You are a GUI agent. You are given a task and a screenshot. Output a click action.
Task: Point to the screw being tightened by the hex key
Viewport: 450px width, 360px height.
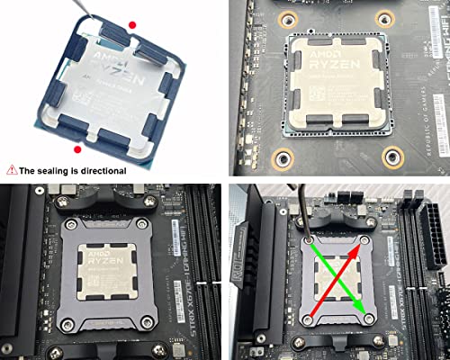[308, 240]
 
